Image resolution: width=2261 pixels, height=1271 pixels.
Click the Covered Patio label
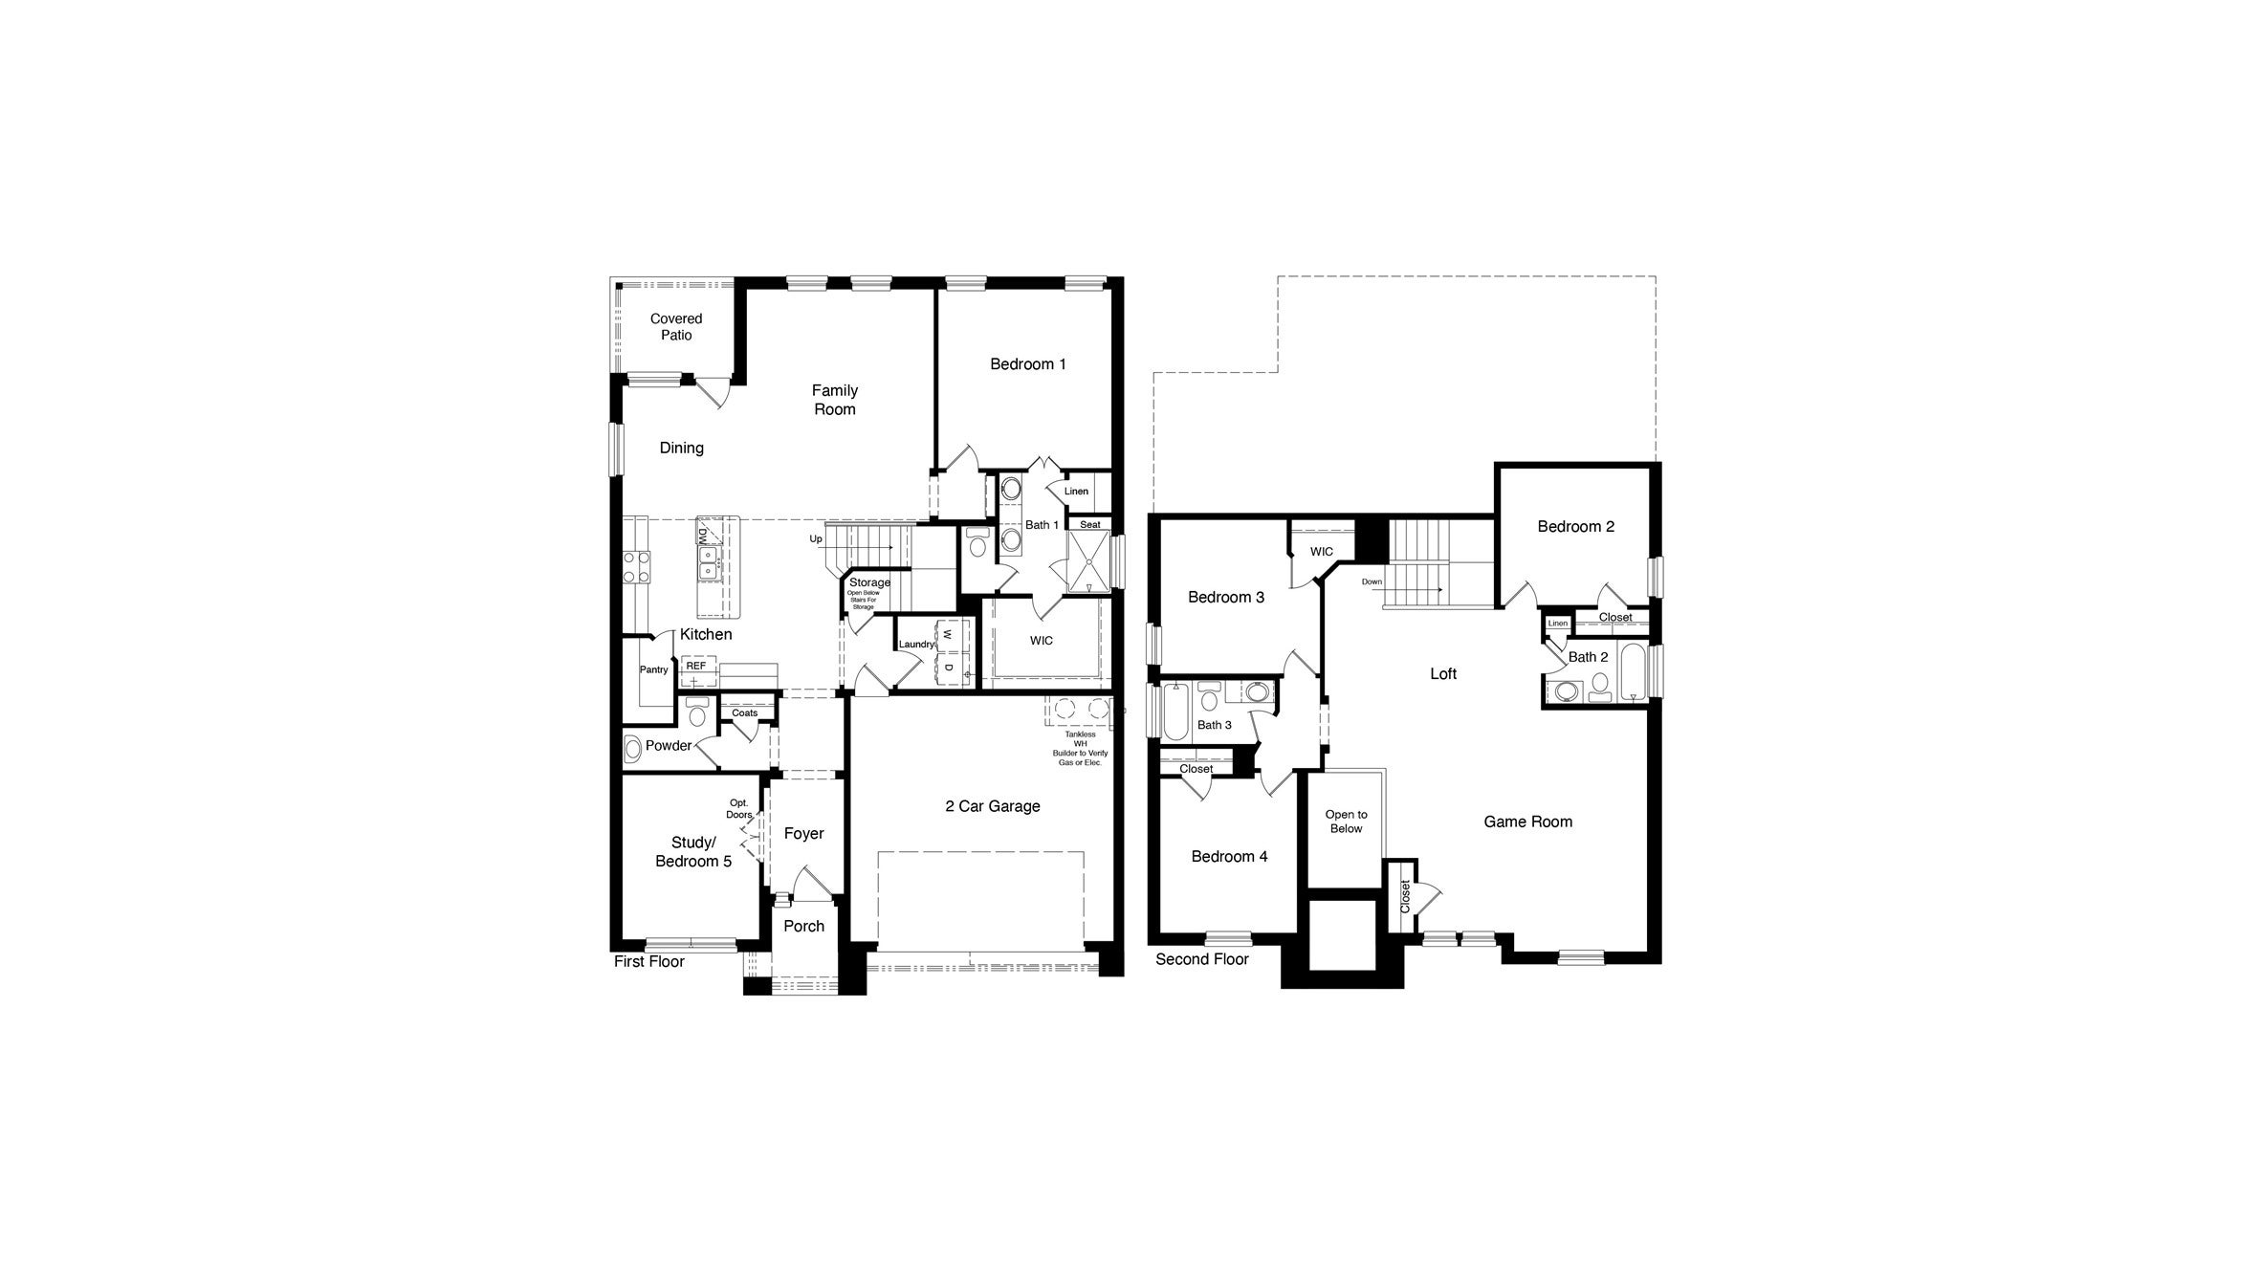coord(676,327)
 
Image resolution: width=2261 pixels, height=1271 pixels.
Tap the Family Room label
coord(834,400)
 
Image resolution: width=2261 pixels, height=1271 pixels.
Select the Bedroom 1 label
coord(1027,364)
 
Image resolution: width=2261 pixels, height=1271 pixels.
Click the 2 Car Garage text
coord(992,806)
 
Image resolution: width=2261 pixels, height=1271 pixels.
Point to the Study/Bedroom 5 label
coord(692,852)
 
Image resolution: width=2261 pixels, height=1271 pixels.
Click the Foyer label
coord(803,834)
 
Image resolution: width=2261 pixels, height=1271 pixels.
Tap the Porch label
coord(803,926)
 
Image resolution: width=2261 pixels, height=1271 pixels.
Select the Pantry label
coord(653,670)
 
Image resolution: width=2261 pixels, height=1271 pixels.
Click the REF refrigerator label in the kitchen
coord(695,666)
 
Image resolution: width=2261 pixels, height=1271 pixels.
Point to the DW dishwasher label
coord(702,536)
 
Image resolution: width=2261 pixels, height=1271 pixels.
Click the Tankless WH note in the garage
coord(1079,749)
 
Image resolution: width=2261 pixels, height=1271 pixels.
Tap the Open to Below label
coord(1346,822)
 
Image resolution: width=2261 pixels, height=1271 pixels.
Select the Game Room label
coord(1527,822)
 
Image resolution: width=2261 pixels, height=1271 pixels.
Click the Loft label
coord(1442,674)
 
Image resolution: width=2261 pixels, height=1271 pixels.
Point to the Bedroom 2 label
coord(1575,527)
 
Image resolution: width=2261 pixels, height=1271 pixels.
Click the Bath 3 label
coord(1215,725)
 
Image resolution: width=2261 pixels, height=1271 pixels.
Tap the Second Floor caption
coord(1201,959)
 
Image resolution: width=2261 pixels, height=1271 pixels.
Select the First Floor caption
coord(648,962)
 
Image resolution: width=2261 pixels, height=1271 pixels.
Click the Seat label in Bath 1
coord(1089,525)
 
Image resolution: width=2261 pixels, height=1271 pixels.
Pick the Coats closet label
coord(744,713)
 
